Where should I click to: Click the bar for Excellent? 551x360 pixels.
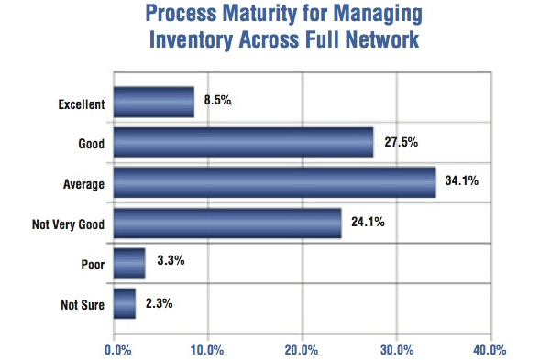153,102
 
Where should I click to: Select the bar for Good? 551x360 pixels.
243,142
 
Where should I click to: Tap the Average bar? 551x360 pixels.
274,182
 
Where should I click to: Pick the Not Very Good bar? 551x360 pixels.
226,223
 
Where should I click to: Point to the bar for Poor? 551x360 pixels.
128,263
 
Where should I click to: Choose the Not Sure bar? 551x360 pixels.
124,302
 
